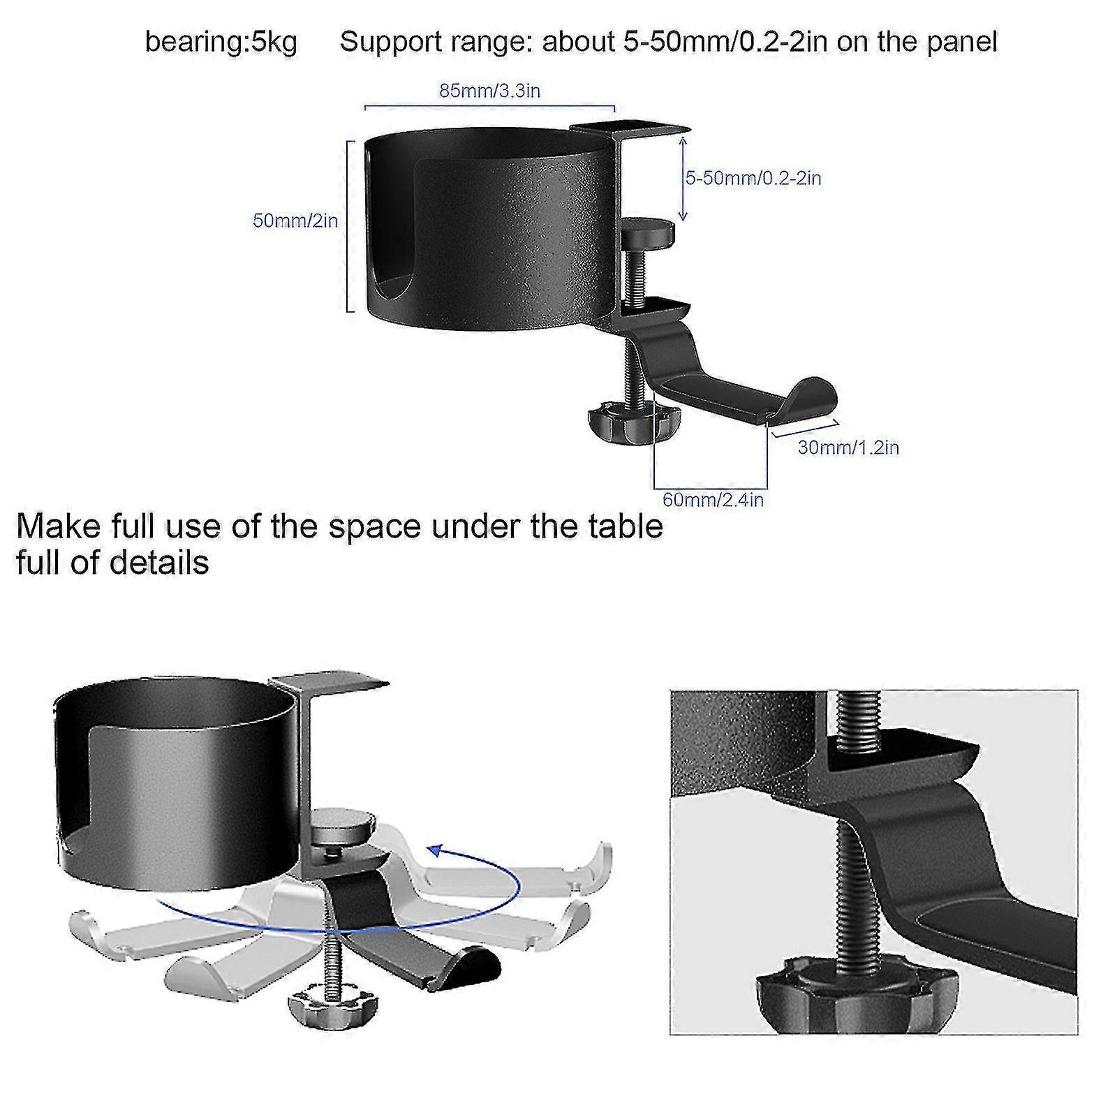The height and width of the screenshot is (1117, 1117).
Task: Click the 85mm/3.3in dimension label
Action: (489, 91)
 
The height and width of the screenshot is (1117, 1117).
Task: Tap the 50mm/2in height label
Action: (295, 221)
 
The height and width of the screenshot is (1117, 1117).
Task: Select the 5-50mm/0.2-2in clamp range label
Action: (753, 178)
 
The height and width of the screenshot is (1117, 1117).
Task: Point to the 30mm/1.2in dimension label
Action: (848, 447)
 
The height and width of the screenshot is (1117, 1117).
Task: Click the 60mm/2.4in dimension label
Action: (712, 500)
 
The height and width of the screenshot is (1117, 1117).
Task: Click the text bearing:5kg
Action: (221, 42)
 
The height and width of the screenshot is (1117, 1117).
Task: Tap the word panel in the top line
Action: (961, 42)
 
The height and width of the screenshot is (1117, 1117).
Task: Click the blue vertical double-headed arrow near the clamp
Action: (683, 179)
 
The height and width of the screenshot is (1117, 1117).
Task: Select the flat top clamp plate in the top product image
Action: (628, 128)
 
